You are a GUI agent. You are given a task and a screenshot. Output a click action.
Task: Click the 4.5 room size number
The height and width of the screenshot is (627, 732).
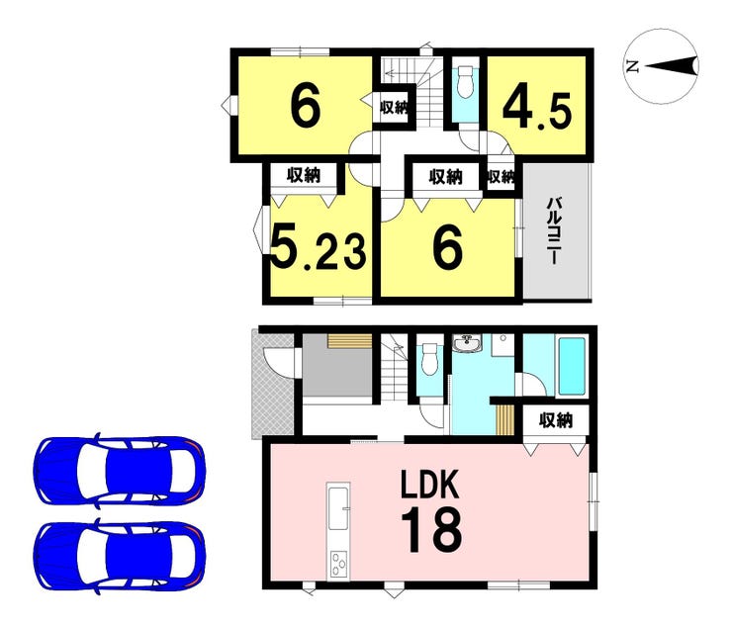(537, 111)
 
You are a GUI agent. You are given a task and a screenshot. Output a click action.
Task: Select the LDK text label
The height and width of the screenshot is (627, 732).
(431, 486)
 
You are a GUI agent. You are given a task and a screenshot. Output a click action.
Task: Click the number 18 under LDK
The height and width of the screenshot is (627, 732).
(432, 530)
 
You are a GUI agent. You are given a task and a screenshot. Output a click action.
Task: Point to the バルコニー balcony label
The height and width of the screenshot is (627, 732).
(555, 231)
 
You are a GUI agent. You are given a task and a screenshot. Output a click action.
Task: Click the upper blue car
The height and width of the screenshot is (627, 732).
(119, 471)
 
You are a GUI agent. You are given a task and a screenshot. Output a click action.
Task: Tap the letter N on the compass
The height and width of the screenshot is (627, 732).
(632, 67)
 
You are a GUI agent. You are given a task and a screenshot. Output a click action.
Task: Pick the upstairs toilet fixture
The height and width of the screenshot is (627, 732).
(465, 82)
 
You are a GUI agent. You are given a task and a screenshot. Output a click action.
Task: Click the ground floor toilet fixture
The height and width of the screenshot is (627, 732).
(428, 359)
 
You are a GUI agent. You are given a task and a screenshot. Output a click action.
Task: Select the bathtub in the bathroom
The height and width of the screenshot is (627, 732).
(572, 367)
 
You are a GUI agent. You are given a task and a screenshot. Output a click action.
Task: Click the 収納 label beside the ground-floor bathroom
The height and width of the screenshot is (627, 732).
(556, 420)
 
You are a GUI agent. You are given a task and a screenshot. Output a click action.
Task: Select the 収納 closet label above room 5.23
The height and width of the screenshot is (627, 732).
(304, 175)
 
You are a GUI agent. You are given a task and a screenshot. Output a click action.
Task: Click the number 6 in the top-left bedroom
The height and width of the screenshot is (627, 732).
(306, 107)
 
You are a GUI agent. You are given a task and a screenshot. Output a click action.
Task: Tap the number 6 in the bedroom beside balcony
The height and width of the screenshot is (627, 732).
(447, 248)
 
